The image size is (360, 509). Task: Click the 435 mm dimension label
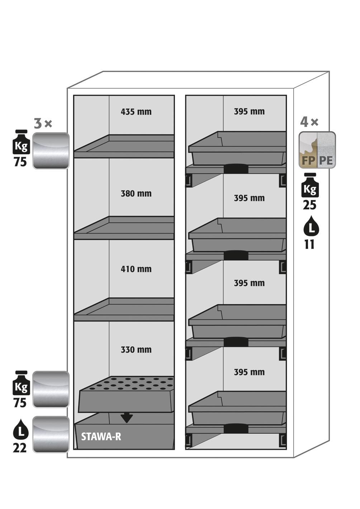tap(136, 112)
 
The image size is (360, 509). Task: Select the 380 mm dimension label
tap(136, 194)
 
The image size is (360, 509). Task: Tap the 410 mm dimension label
tap(136, 269)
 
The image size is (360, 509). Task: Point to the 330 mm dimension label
tap(136, 350)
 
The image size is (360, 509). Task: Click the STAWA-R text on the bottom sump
tap(101, 437)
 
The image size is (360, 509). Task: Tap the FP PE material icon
tap(317, 150)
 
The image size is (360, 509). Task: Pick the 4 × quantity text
tap(309, 122)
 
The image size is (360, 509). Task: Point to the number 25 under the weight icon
tap(309, 205)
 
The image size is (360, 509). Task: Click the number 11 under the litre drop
tap(309, 245)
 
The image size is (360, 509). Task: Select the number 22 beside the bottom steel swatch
tap(20, 448)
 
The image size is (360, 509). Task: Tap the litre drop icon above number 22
tap(20, 429)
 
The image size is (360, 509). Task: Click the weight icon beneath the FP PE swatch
tap(310, 185)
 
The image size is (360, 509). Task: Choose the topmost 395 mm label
tap(249, 112)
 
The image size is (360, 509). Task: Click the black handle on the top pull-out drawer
tap(236, 168)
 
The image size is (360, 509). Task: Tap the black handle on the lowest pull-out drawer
tap(236, 428)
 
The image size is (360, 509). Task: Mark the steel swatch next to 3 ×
tap(51, 151)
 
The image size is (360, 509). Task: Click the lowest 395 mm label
tap(249, 372)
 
